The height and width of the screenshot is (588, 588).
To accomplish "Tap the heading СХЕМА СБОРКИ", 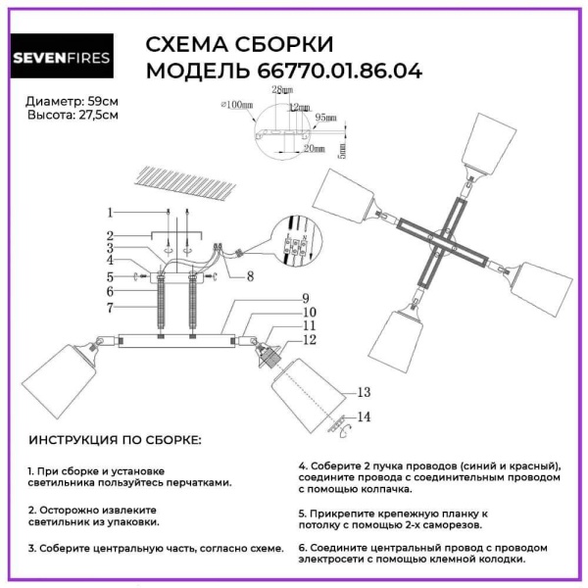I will tap(239, 45).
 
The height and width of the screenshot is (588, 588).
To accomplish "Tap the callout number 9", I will tap(305, 298).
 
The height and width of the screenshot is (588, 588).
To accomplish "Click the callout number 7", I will tap(111, 307).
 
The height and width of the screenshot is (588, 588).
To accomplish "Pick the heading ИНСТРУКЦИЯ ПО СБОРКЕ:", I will tap(115, 441).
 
